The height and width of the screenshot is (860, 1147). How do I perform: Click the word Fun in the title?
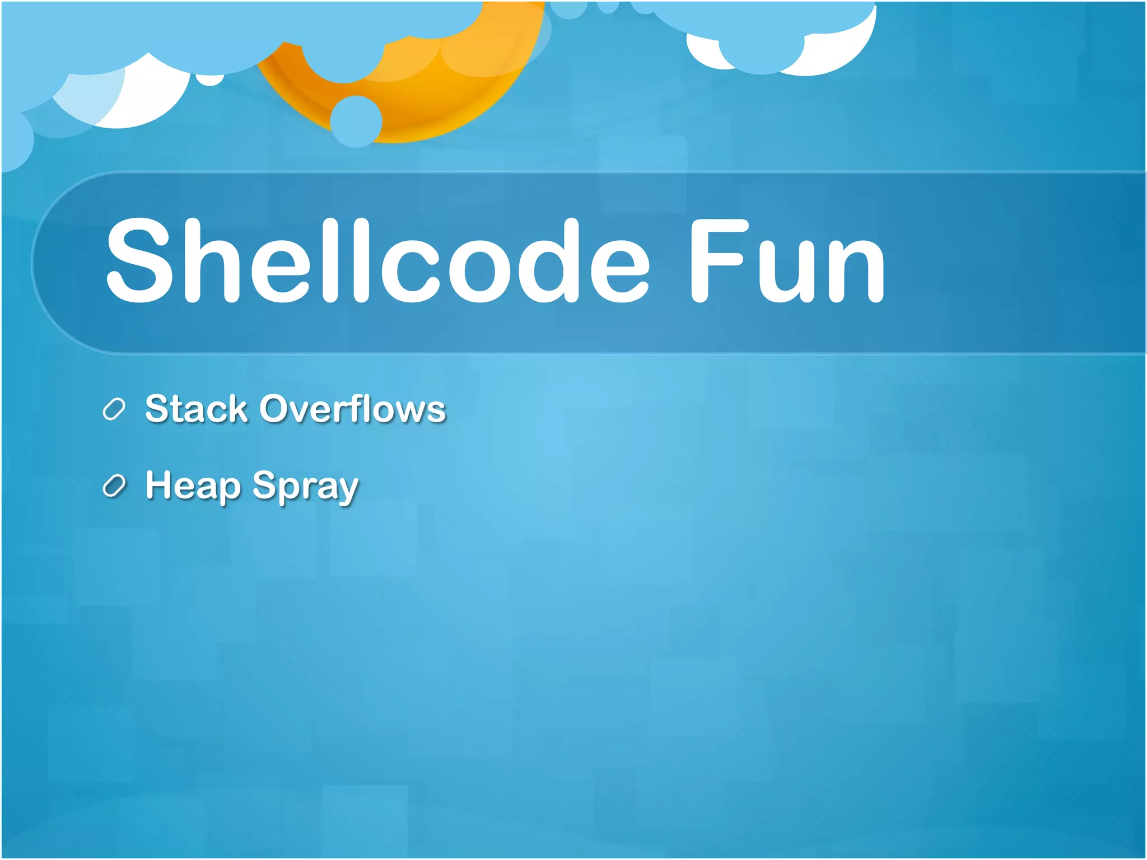click(x=787, y=260)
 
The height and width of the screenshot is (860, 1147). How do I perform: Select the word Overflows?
click(x=352, y=408)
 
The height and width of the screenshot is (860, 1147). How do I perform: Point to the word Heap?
click(x=193, y=485)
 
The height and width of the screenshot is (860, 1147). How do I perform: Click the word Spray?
click(x=305, y=485)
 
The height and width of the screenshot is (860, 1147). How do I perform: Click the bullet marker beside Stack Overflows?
click(x=114, y=409)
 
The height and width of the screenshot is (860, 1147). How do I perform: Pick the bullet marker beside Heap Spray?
click(x=114, y=486)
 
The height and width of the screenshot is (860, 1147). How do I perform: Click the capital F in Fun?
click(x=717, y=260)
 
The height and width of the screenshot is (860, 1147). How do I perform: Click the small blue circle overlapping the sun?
click(x=356, y=121)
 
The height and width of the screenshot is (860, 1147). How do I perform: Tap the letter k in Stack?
click(x=236, y=408)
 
